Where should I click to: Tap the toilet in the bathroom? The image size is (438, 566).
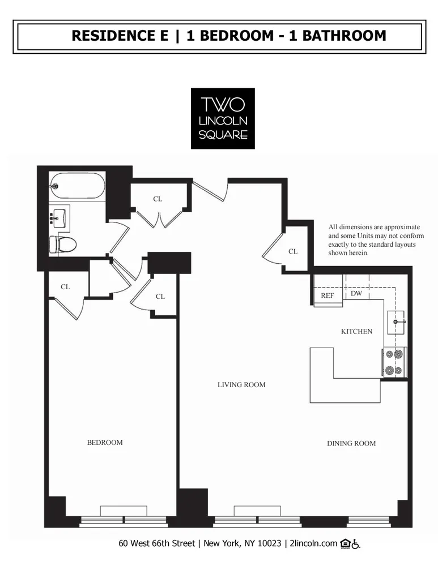(x=63, y=244)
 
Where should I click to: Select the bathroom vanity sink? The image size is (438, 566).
(x=59, y=217)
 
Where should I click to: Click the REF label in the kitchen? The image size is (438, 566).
(x=328, y=295)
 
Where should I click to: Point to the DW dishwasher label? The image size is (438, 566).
(x=356, y=293)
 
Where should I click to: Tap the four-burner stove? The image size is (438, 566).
(x=395, y=362)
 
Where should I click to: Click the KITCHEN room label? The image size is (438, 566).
(x=356, y=331)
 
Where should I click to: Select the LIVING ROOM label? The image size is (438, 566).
(x=241, y=385)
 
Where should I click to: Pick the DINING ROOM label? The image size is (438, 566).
(x=351, y=443)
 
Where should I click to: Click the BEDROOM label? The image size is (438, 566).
(x=105, y=442)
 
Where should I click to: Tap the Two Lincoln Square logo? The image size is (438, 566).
(x=223, y=118)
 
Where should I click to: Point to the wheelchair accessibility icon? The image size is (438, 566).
(x=356, y=544)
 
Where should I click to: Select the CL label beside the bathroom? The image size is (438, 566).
(x=158, y=199)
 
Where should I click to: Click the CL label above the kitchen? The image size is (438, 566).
(x=293, y=251)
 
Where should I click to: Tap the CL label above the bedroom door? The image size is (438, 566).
(x=65, y=287)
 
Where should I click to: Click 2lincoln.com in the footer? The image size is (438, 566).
(x=313, y=544)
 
